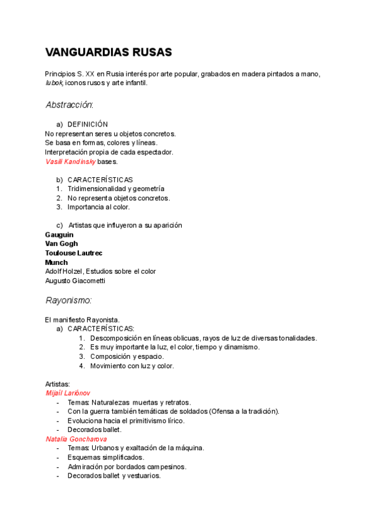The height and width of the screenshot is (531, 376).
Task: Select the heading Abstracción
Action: click(x=69, y=105)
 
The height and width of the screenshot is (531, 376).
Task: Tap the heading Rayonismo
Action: click(x=69, y=300)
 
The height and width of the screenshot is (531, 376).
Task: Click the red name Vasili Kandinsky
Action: click(x=70, y=161)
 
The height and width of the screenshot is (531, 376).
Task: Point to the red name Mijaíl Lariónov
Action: click(x=68, y=393)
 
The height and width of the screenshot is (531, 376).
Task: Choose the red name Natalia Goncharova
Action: click(x=73, y=439)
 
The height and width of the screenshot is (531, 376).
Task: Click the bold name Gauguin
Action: click(x=59, y=235)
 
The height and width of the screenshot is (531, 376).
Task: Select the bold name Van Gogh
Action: click(x=61, y=244)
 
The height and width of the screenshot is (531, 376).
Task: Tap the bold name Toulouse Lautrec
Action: click(x=74, y=253)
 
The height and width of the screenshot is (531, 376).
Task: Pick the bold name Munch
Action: click(x=56, y=262)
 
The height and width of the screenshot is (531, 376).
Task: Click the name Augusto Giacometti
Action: click(x=75, y=281)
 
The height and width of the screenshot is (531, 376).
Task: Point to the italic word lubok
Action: click(x=54, y=83)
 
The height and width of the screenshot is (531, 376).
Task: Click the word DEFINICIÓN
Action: click(x=88, y=125)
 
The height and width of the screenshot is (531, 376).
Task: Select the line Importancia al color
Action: click(x=98, y=207)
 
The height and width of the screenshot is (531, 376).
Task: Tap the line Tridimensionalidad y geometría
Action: click(x=116, y=188)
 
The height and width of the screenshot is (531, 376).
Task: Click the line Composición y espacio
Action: click(x=127, y=356)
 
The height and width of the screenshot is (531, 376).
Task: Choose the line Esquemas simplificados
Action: click(x=106, y=457)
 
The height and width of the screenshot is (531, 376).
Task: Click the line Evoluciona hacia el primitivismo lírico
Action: click(x=126, y=420)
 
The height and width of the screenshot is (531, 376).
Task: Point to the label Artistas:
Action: click(x=58, y=383)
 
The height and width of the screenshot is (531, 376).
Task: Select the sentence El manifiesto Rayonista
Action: click(x=82, y=319)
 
